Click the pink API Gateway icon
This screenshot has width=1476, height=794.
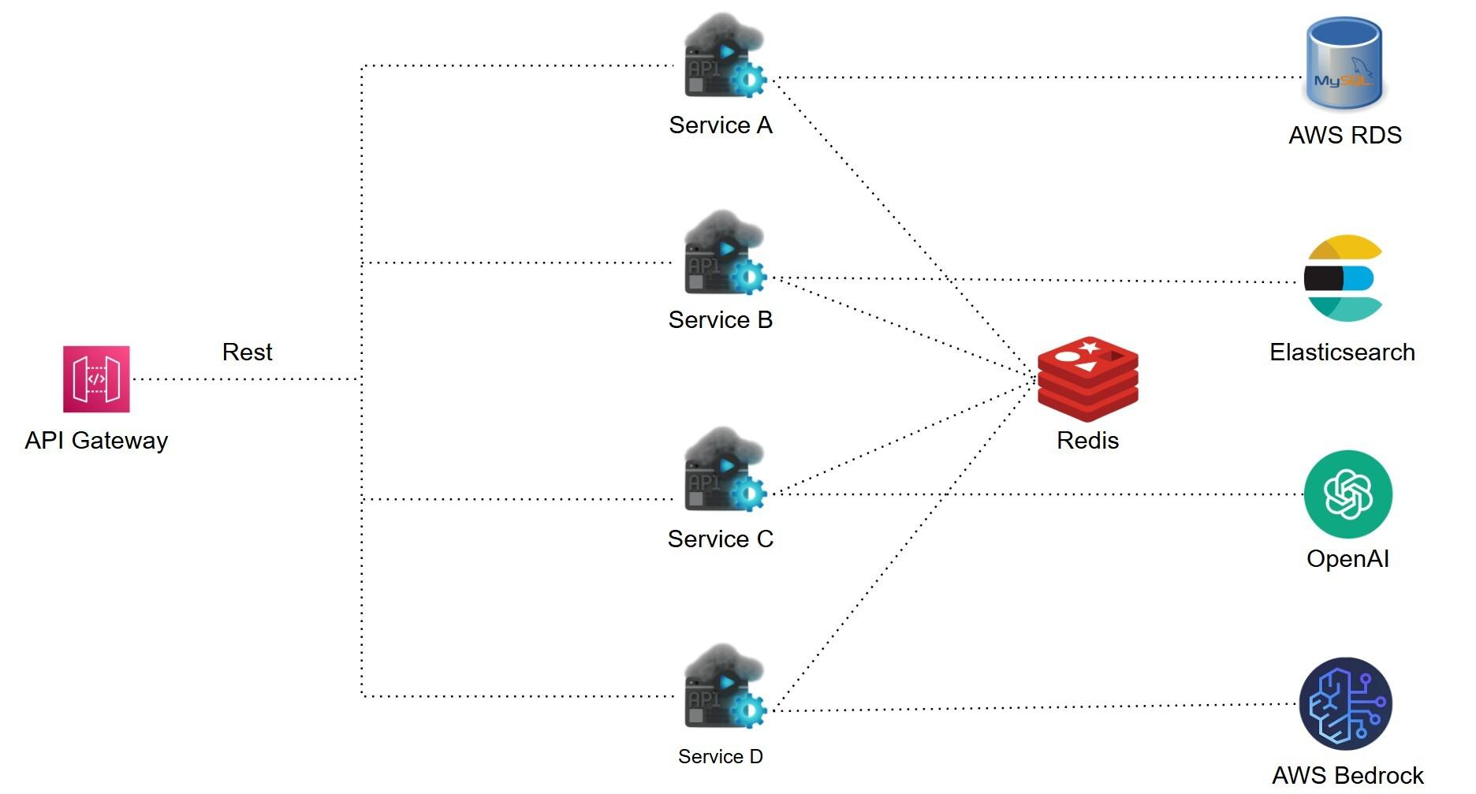click(x=96, y=379)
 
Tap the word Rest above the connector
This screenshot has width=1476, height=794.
click(x=247, y=352)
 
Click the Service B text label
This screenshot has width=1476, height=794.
click(x=720, y=319)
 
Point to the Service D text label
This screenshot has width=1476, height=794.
click(x=720, y=756)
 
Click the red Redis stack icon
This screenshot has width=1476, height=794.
click(x=1087, y=378)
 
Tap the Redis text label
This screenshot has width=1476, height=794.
click(x=1087, y=440)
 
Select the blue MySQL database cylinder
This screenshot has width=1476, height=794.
click(x=1344, y=63)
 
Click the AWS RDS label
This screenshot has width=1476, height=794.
click(x=1344, y=135)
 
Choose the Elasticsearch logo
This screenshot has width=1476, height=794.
click(x=1343, y=278)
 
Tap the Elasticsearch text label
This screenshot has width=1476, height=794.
click(x=1342, y=352)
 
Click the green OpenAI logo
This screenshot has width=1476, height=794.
click(x=1347, y=494)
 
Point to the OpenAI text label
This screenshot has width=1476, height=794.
click(x=1347, y=558)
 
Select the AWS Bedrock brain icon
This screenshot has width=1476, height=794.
click(x=1345, y=703)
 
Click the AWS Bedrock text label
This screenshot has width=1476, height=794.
click(x=1347, y=775)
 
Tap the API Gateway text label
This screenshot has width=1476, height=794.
click(x=96, y=440)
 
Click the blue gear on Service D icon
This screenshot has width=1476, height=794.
click(x=747, y=710)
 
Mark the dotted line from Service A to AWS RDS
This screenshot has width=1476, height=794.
click(x=1025, y=77)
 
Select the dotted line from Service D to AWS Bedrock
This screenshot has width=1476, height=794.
click(x=1025, y=707)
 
